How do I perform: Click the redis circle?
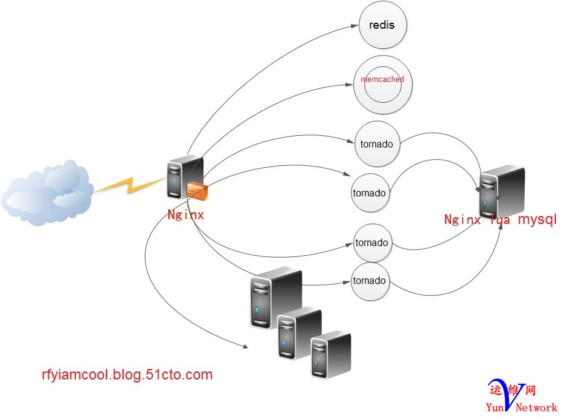pyautogui.click(x=383, y=26)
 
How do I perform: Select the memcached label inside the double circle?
pyautogui.click(x=383, y=80)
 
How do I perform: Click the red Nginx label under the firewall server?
pyautogui.click(x=185, y=215)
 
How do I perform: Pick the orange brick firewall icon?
pyautogui.click(x=198, y=191)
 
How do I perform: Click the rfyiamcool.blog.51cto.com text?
pyautogui.click(x=127, y=375)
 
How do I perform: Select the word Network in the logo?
pyautogui.click(x=537, y=407)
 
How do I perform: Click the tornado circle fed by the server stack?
pyautogui.click(x=370, y=281)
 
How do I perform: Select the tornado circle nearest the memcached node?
pyautogui.click(x=377, y=144)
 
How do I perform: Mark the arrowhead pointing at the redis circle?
pyautogui.click(x=354, y=26)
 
